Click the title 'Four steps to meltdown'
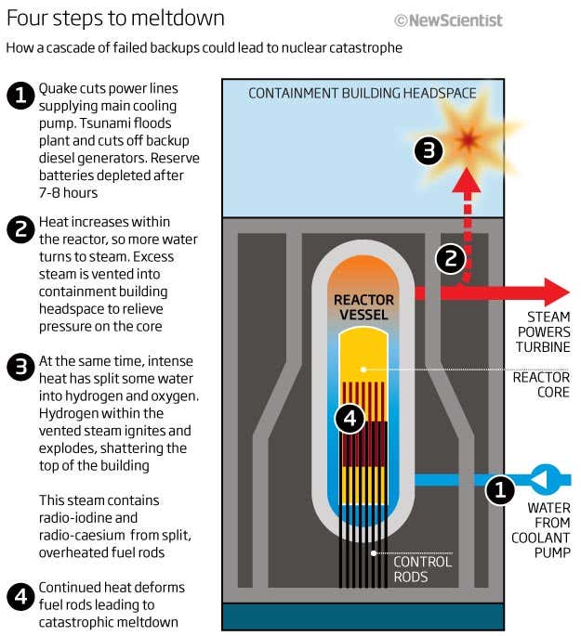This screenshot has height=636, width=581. pyautogui.click(x=115, y=18)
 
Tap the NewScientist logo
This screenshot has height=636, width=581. pyautogui.click(x=448, y=19)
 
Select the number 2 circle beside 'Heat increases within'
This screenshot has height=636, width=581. pyautogui.click(x=20, y=229)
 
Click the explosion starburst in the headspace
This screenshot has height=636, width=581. pyautogui.click(x=468, y=138)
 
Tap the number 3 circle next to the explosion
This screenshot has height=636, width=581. pyautogui.click(x=427, y=150)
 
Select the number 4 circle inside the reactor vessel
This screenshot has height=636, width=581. pyautogui.click(x=350, y=420)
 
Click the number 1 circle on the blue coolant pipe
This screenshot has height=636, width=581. pyautogui.click(x=500, y=489)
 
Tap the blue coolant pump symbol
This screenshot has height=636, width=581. pyautogui.click(x=544, y=480)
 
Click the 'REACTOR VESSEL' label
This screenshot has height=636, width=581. pyautogui.click(x=364, y=307)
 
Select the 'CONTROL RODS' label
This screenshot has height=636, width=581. pyautogui.click(x=422, y=569)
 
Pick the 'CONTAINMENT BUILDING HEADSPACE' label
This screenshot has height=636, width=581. pyautogui.click(x=363, y=93)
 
